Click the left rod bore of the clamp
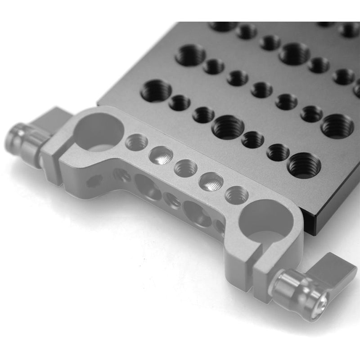pos(98,132)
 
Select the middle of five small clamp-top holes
pos(185,168)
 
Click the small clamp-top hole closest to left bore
pos(136,143)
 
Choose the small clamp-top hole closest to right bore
pos(235,194)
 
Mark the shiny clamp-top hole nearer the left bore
pos(161,155)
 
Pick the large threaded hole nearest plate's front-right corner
pos(304,165)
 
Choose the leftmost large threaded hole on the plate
pos(156,90)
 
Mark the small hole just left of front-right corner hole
pos(278,152)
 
